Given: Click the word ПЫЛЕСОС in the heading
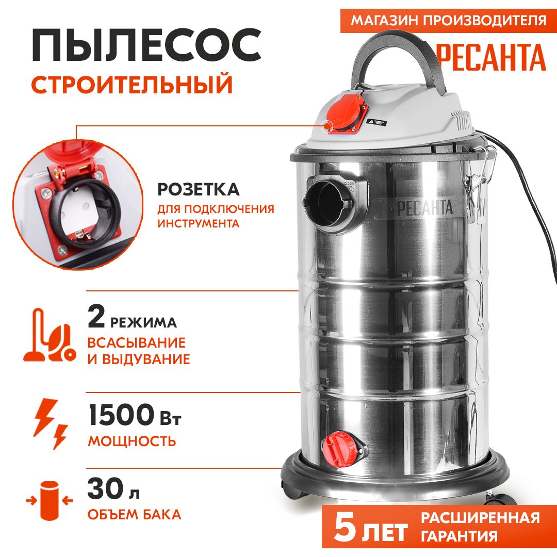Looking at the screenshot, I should [x=146, y=45].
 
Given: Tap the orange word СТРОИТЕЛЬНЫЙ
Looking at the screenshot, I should [x=132, y=85].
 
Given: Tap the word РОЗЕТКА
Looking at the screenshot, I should [x=199, y=190].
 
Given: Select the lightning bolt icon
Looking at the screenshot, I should [x=50, y=424].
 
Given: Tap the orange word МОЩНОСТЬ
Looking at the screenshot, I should [x=132, y=441].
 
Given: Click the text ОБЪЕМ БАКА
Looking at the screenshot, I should [x=134, y=514].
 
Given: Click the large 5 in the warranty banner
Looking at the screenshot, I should [x=346, y=527].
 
